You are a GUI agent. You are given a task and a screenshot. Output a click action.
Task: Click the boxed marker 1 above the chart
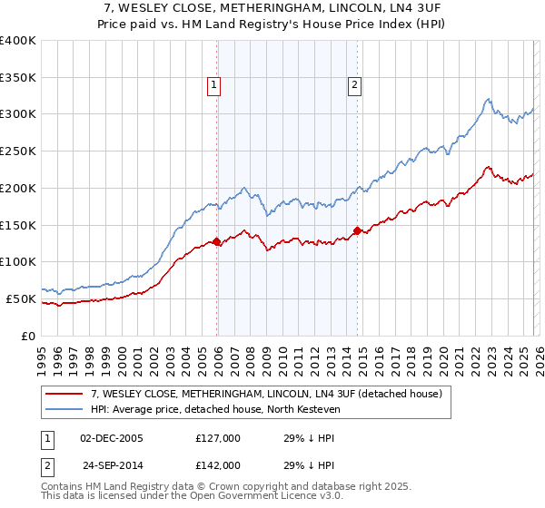(x=213, y=86)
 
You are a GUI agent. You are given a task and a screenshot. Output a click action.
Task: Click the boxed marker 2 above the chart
(x=354, y=86)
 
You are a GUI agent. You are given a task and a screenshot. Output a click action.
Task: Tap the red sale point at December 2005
(x=217, y=241)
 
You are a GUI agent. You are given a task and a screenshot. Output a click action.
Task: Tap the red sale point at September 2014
(x=358, y=230)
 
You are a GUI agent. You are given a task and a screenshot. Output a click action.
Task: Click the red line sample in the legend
(x=65, y=394)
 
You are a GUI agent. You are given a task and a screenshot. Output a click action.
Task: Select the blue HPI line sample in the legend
(x=65, y=410)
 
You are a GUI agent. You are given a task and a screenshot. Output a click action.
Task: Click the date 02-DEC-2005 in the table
(x=112, y=438)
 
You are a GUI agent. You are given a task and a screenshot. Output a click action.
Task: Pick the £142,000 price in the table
(x=218, y=464)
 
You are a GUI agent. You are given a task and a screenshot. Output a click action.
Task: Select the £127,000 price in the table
(x=218, y=438)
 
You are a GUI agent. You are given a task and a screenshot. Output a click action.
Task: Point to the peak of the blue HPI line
(x=489, y=99)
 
